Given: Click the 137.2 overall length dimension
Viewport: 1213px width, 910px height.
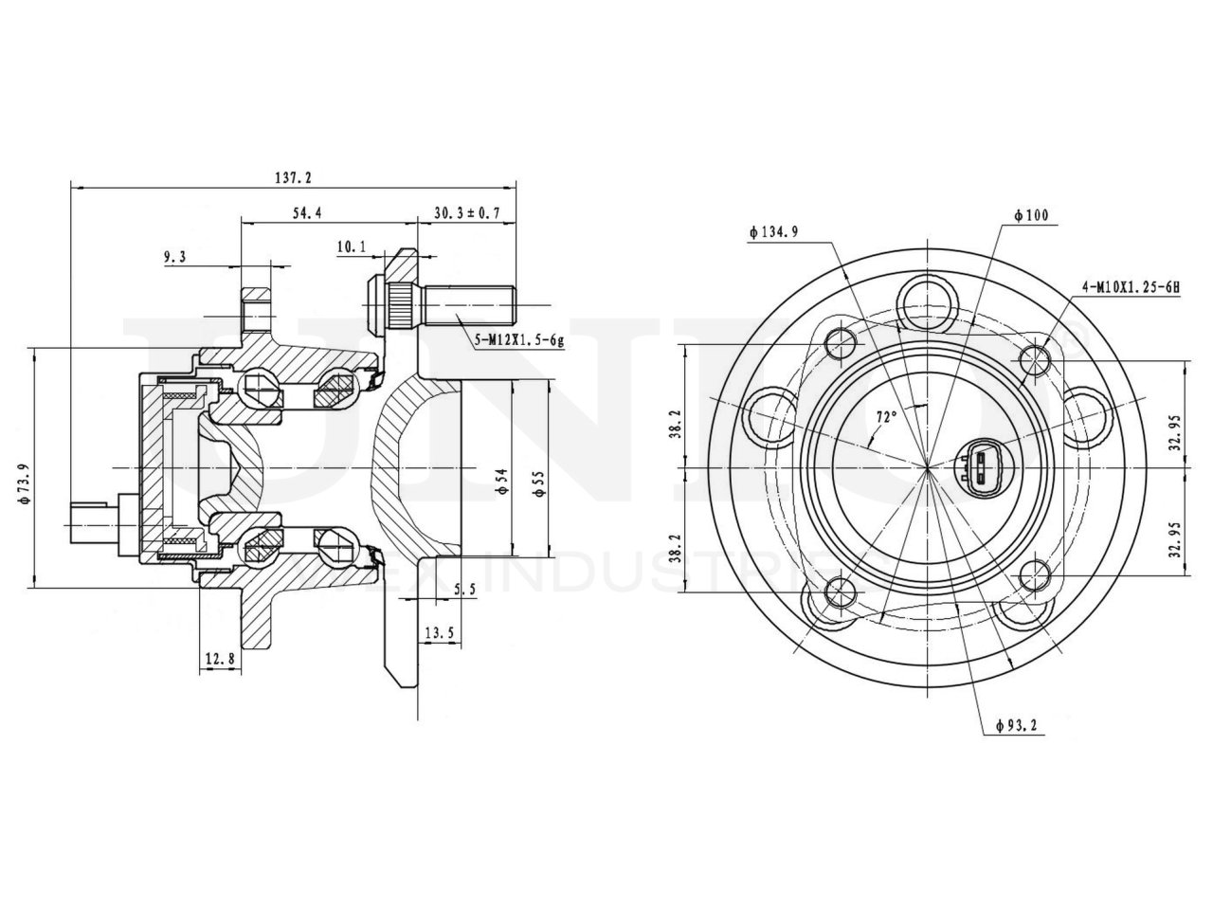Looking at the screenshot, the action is (x=292, y=177).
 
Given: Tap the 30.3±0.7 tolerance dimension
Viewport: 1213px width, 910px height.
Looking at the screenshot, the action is (x=466, y=214).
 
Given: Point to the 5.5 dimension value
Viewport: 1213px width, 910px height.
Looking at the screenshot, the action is (x=464, y=590).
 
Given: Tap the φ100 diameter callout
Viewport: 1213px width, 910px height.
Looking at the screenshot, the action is (x=1030, y=216).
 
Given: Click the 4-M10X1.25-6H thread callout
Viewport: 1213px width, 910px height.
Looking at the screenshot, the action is (x=1129, y=285).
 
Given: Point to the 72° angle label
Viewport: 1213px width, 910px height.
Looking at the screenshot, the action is (x=887, y=416).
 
